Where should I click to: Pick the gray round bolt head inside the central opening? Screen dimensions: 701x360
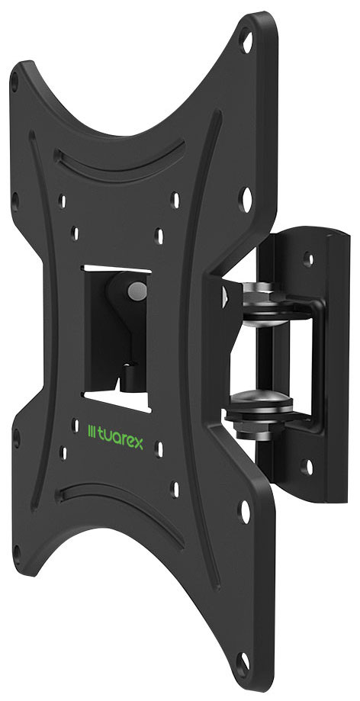pyautogui.click(x=136, y=291)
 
